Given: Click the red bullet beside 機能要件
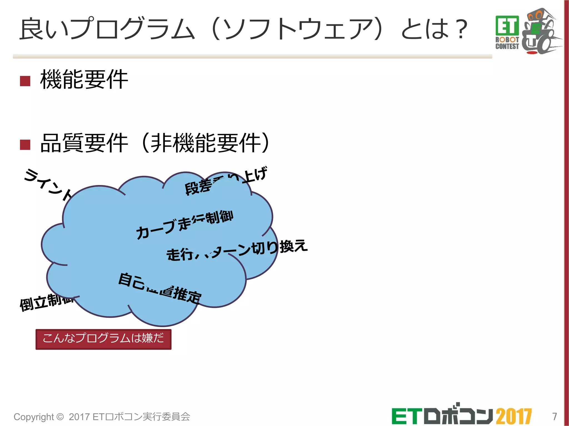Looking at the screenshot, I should click(x=25, y=81).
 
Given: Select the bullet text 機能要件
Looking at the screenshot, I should click(x=84, y=80).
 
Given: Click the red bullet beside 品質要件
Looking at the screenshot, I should click(x=25, y=144).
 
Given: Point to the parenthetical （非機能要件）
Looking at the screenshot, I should click(x=206, y=143).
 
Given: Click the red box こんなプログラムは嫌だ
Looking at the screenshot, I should click(x=103, y=339).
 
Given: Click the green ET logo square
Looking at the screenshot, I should click(x=507, y=26).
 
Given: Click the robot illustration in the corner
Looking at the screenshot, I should click(x=540, y=32).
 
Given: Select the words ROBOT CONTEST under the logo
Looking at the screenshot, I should click(x=507, y=43).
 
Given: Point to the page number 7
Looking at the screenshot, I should click(x=554, y=416).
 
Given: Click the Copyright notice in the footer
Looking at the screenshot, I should click(x=102, y=417).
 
